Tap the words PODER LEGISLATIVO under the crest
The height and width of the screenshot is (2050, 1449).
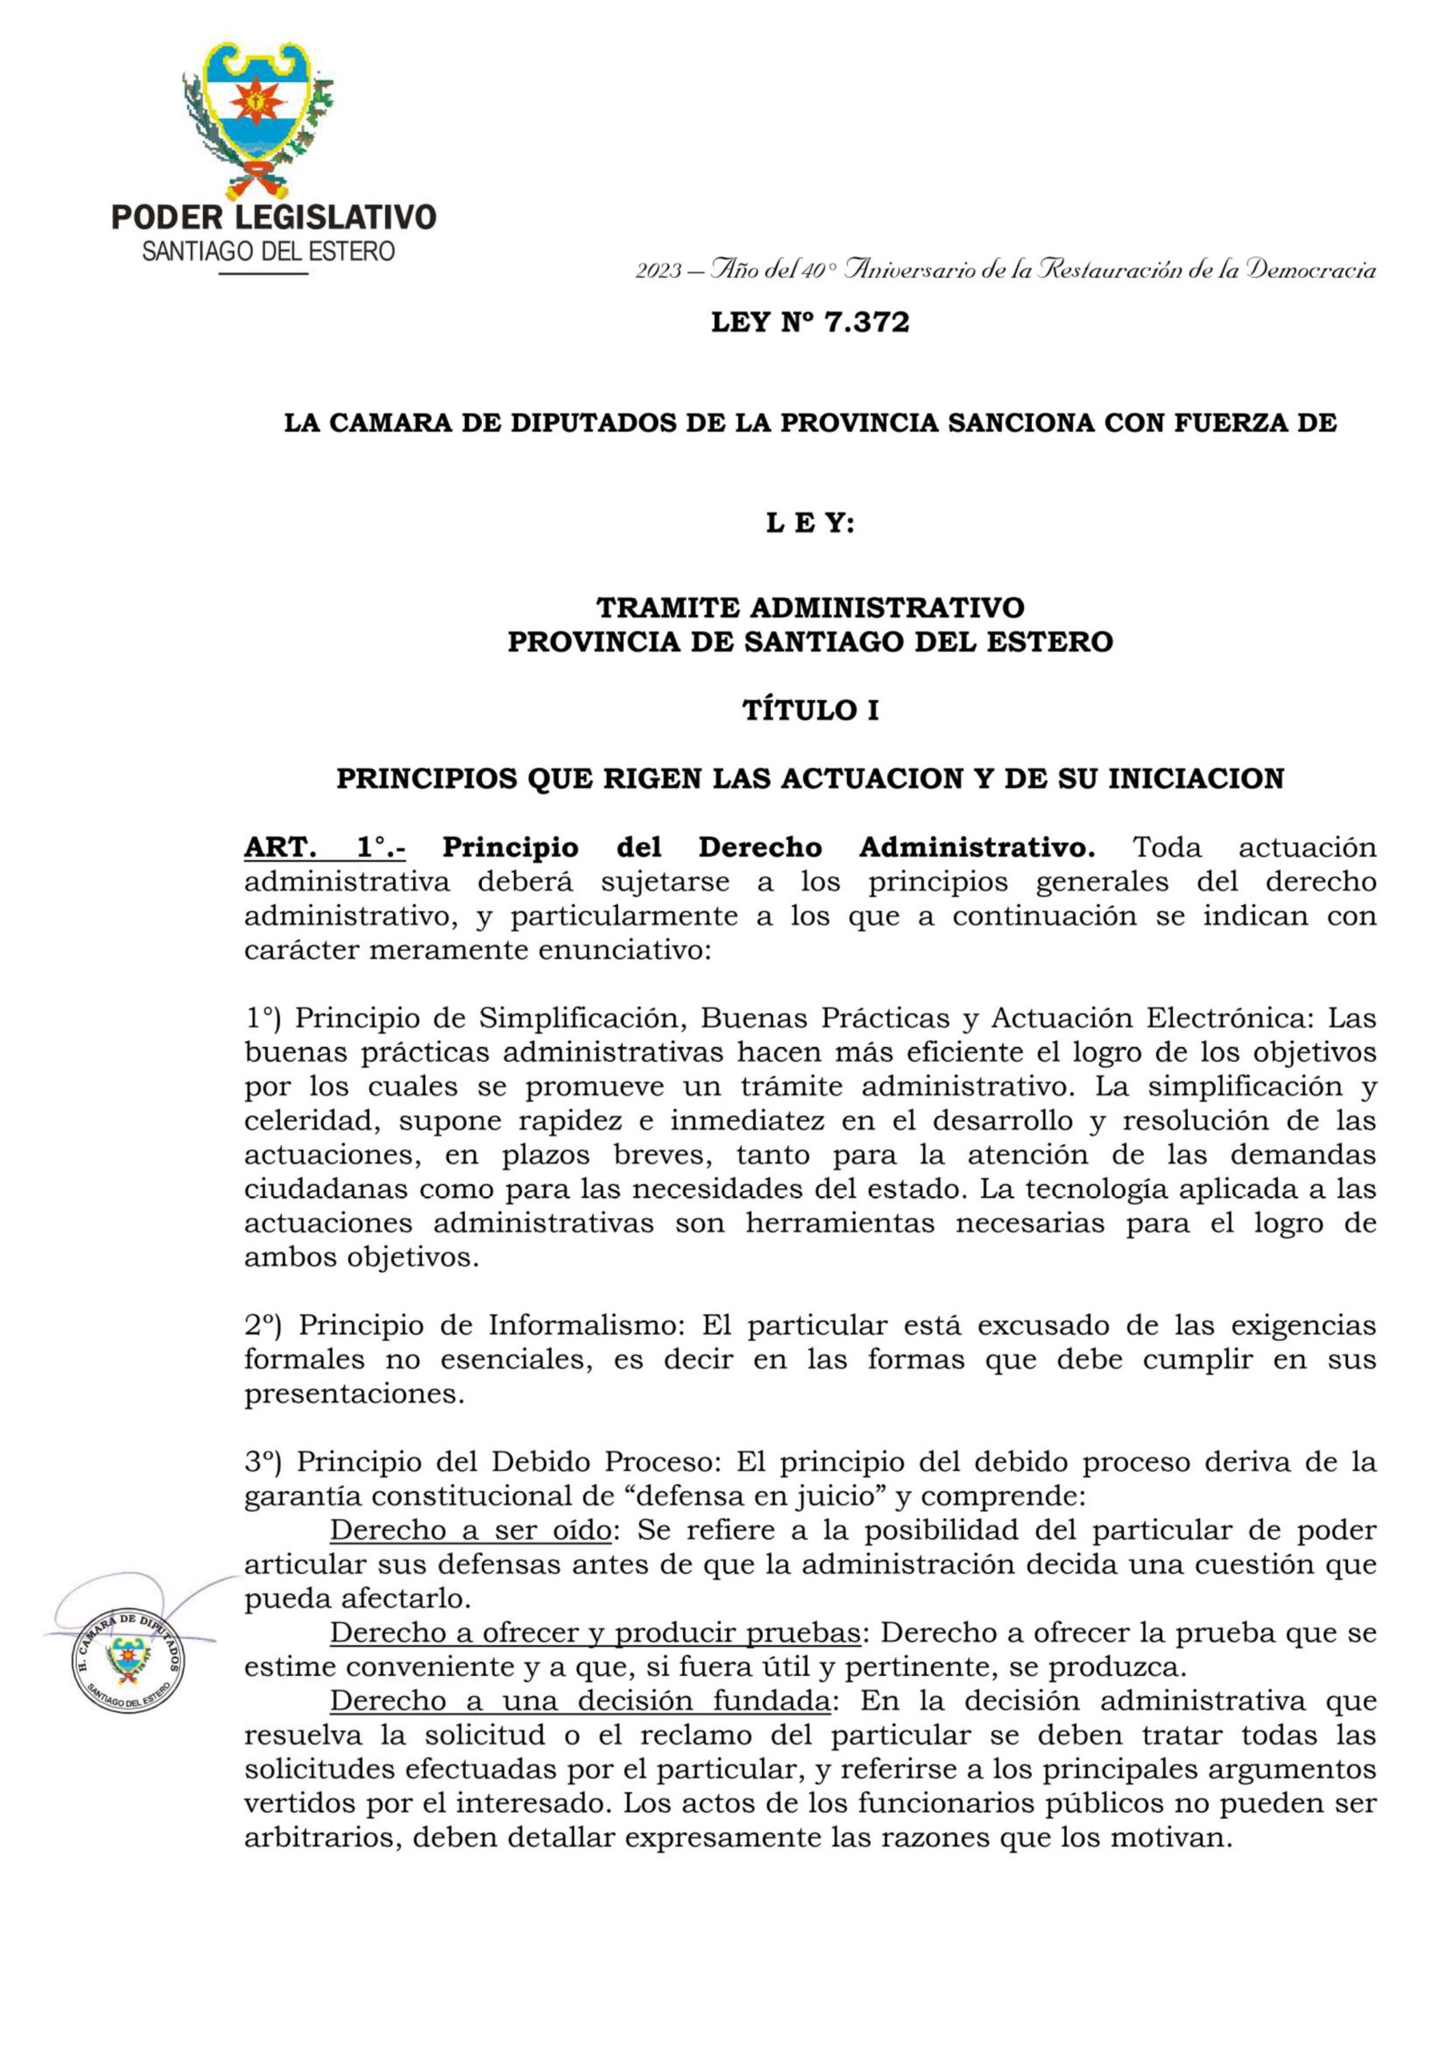point(273,218)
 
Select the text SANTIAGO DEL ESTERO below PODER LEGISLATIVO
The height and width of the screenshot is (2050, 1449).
point(268,251)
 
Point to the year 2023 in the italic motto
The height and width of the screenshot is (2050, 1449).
point(659,271)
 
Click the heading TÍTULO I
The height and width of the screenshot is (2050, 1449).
point(810,711)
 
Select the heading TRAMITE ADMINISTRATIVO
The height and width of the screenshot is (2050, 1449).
point(810,608)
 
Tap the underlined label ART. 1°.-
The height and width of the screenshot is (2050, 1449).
point(325,847)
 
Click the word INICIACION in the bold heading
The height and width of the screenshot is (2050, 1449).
point(1195,779)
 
